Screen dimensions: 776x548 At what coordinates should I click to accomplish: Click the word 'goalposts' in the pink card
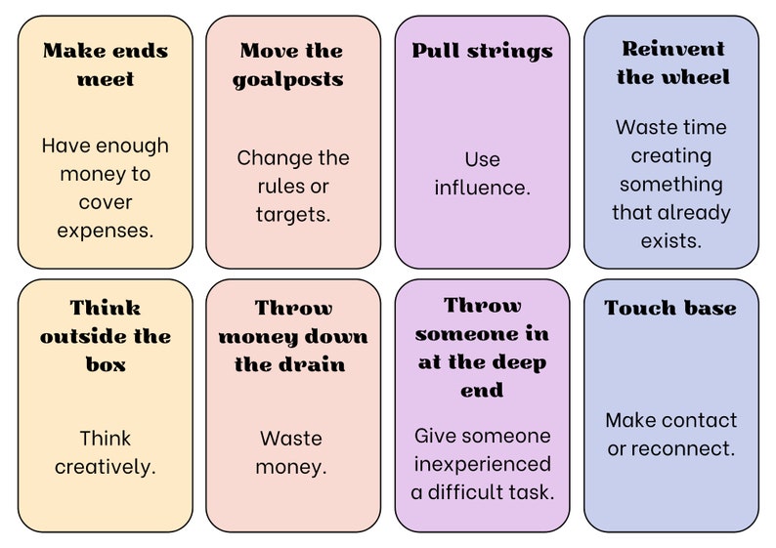point(288,80)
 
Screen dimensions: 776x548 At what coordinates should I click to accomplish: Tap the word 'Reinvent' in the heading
point(673,49)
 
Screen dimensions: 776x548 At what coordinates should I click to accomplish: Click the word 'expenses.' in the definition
point(105,231)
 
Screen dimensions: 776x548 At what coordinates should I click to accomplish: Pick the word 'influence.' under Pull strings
point(482,188)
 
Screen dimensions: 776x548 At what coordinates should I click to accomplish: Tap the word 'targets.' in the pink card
point(293,215)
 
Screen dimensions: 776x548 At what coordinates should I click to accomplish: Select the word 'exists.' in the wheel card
point(671,241)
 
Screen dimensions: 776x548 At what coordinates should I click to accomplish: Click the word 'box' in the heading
point(106,364)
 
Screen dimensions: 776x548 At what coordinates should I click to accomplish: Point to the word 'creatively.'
point(105,467)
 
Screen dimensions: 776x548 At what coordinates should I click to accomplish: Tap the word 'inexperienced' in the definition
point(483,464)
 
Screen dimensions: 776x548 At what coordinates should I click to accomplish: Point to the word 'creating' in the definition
point(671,156)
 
